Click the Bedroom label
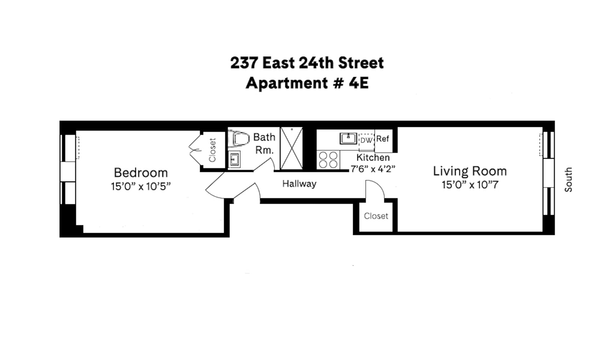click(141, 173)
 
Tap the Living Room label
click(470, 171)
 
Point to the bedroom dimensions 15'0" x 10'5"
click(141, 186)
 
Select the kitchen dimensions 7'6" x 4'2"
click(373, 169)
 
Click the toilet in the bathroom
click(238, 138)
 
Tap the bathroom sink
click(234, 159)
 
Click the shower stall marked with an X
click(291, 148)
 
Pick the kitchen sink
click(348, 138)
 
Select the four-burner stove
click(328, 160)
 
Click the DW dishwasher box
click(367, 140)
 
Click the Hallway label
click(300, 184)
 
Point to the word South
click(568, 180)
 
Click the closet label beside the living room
click(376, 216)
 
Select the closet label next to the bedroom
click(212, 150)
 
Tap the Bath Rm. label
click(264, 144)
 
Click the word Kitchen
click(373, 157)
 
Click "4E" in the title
click(359, 83)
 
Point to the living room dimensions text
click(470, 185)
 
